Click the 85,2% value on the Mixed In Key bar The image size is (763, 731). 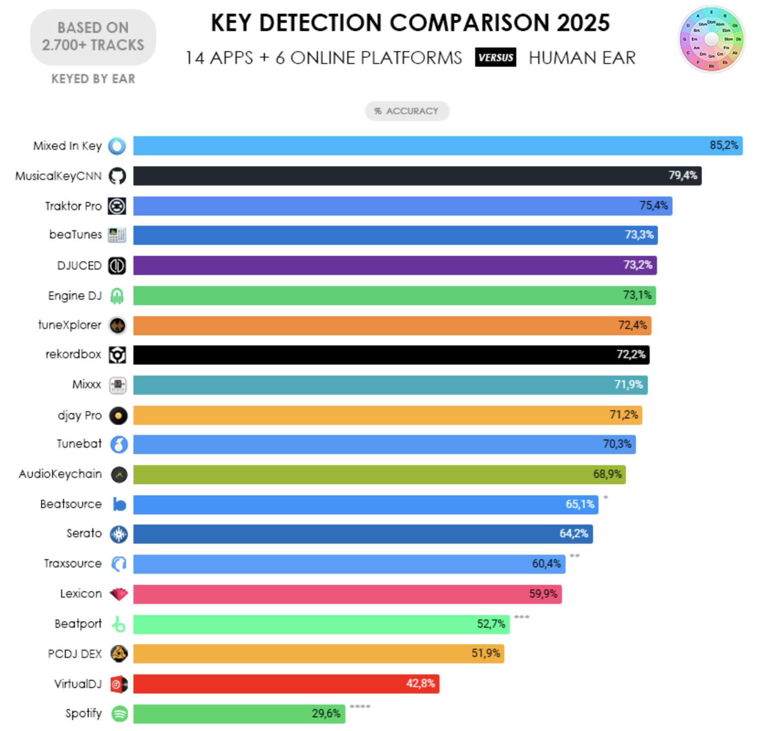coord(723,145)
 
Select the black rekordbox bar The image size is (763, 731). coord(391,355)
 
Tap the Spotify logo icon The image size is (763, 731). coord(120,713)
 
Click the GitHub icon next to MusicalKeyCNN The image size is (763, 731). coord(117,176)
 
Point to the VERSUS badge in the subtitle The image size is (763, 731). coord(495,58)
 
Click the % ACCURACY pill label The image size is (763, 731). coord(407,111)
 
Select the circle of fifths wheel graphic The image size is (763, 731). coord(711,39)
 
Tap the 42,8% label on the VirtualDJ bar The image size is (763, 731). coord(420,683)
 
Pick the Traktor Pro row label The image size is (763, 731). coord(73,206)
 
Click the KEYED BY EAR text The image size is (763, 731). coord(93,79)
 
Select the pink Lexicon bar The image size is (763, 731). coord(347,594)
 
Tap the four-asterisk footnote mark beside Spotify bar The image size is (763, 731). coord(360,707)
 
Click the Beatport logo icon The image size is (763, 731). coord(119,624)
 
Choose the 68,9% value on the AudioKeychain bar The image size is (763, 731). coord(607,474)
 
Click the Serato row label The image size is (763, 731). coord(84,534)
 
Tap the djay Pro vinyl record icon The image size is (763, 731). coord(118,416)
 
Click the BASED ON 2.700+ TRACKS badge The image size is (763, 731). coord(93,37)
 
